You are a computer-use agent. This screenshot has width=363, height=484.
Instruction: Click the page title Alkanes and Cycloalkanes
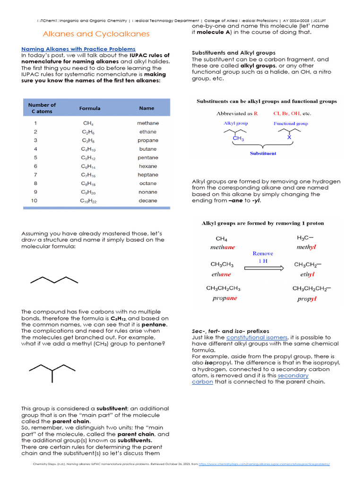96,34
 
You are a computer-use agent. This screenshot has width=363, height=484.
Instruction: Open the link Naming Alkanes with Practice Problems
78,49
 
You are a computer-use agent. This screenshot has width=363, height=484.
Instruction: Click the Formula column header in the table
90,108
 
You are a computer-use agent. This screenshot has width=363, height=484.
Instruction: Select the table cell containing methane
148,123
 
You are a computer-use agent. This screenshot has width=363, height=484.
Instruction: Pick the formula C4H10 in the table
90,149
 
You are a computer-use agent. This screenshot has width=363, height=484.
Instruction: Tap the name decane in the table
148,201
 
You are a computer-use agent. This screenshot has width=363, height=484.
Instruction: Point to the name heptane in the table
148,175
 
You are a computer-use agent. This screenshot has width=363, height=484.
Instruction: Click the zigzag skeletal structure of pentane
54,280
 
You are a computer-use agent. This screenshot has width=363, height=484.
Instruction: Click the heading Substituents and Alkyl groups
233,52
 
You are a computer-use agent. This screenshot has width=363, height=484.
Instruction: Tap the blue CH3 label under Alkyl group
238,138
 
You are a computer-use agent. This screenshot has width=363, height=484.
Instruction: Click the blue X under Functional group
289,138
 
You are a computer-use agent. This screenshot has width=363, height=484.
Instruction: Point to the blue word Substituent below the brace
263,154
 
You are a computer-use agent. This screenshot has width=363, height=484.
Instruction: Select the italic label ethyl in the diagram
307,274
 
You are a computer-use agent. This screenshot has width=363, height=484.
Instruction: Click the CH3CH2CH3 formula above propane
223,288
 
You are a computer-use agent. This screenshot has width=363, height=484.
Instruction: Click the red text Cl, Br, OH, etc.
292,113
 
